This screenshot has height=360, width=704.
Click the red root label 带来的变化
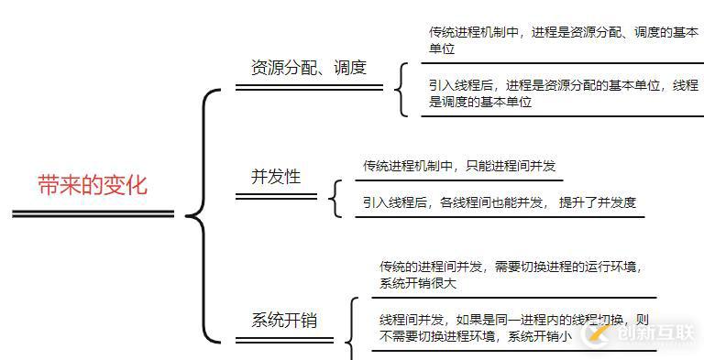(x=92, y=186)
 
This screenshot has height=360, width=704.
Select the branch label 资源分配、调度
(x=309, y=67)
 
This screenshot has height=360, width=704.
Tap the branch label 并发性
(x=276, y=177)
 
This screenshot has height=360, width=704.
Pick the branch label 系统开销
(x=284, y=321)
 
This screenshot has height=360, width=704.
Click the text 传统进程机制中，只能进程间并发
(x=459, y=166)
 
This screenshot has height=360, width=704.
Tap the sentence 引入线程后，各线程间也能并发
(x=455, y=202)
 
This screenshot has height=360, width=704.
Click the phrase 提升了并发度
(x=597, y=202)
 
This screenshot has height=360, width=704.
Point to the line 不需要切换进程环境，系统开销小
(x=476, y=336)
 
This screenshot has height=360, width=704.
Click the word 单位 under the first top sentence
(x=442, y=49)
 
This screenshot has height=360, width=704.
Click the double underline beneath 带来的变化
(x=93, y=214)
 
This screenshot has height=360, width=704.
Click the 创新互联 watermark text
(x=656, y=334)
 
